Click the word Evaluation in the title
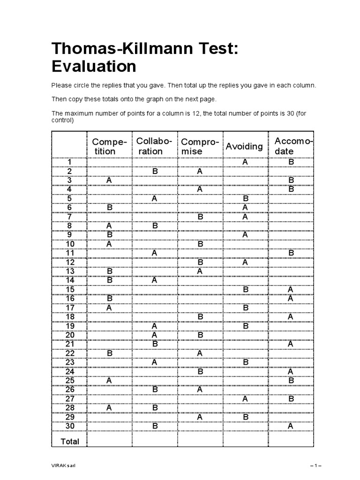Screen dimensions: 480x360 [94, 66]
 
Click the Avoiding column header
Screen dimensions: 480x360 [244, 146]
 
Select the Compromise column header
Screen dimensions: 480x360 [200, 146]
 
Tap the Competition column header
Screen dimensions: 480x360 [109, 146]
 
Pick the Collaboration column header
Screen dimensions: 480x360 [154, 146]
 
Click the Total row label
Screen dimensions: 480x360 [70, 441]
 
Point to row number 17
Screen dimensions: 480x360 [70, 307]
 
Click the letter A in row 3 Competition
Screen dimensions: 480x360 [109, 180]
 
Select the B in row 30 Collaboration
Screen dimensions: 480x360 [155, 426]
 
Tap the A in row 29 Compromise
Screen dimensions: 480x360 [200, 417]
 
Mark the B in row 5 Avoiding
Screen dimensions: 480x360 [245, 198]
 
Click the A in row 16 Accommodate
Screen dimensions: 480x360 [291, 298]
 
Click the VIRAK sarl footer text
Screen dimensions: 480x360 [63, 465]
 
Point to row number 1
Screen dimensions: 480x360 [70, 162]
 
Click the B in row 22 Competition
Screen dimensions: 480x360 [109, 353]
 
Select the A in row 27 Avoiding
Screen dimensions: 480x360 [245, 398]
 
